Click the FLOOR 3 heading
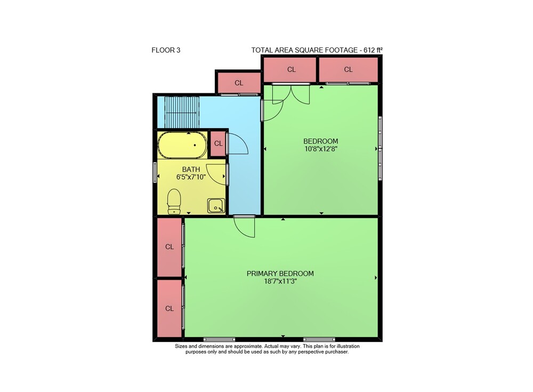point(166,50)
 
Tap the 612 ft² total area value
point(373,50)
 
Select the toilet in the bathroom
point(174,202)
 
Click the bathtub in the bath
point(182,145)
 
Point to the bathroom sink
point(216,205)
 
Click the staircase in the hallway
point(182,111)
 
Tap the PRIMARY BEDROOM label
point(280,274)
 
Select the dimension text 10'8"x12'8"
point(321,149)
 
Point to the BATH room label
point(191,170)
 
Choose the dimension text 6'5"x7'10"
point(191,177)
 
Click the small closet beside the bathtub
point(218,143)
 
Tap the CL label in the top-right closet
point(348,69)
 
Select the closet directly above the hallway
point(239,83)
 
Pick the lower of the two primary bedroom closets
point(169,308)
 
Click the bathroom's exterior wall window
point(155,172)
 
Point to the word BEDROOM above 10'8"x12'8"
point(320,141)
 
